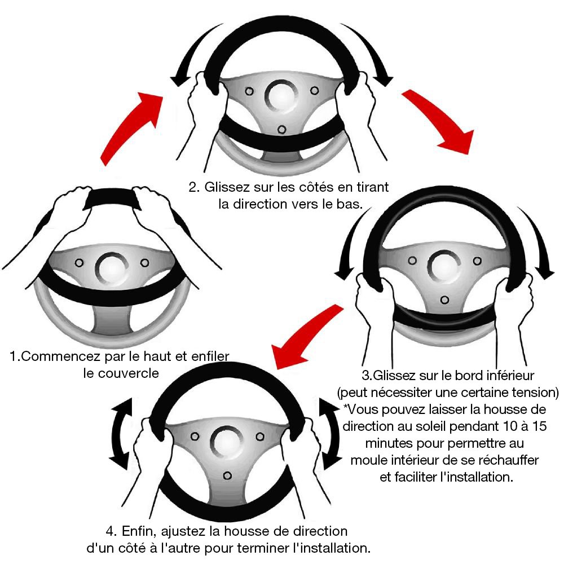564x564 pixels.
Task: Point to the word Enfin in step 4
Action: point(138,531)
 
